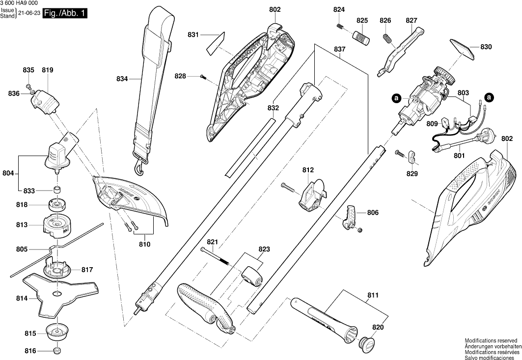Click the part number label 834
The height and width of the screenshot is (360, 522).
[x=122, y=79]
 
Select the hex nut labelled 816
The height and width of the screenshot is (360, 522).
[x=57, y=351]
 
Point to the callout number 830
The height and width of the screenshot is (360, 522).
[x=486, y=48]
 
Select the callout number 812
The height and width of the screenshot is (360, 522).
[x=308, y=170]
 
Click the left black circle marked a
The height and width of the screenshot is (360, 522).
[x=396, y=98]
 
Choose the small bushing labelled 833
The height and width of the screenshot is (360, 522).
[x=57, y=190]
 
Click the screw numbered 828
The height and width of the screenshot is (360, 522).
[x=203, y=76]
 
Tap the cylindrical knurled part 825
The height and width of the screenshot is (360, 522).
[x=362, y=37]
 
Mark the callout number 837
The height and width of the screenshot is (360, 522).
[x=339, y=50]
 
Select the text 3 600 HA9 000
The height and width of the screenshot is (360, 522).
[x=20, y=3]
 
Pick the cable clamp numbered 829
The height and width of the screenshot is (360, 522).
[x=412, y=157]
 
